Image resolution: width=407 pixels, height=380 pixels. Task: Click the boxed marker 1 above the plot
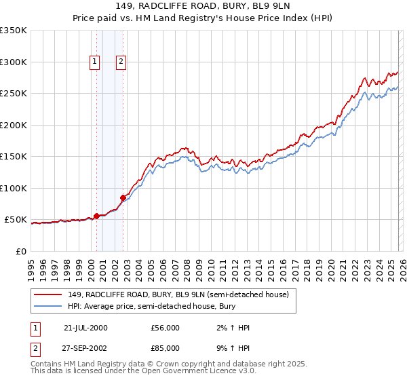tap(94, 62)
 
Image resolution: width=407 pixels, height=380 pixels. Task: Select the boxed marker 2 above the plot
tap(121, 62)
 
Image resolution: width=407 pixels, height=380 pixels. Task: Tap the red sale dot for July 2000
tap(96, 216)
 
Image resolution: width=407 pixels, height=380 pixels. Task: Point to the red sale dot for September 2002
tap(123, 198)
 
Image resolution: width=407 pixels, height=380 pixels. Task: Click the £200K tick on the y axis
tap(14, 125)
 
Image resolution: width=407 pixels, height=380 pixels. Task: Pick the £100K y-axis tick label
tap(14, 188)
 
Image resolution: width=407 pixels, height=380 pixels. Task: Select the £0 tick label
tap(21, 251)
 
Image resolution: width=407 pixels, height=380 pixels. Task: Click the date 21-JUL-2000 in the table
tap(85, 328)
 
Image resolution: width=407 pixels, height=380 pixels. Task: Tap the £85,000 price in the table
tap(166, 348)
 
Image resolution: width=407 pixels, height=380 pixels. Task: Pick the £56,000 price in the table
tap(166, 328)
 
